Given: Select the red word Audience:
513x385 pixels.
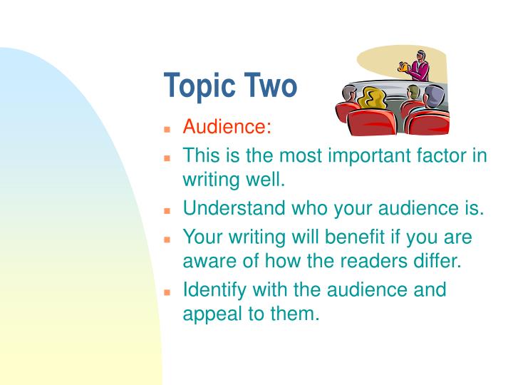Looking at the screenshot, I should [x=227, y=127].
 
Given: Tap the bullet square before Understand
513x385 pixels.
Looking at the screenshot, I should [x=168, y=212].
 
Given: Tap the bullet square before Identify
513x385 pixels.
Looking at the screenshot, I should [x=168, y=292].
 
